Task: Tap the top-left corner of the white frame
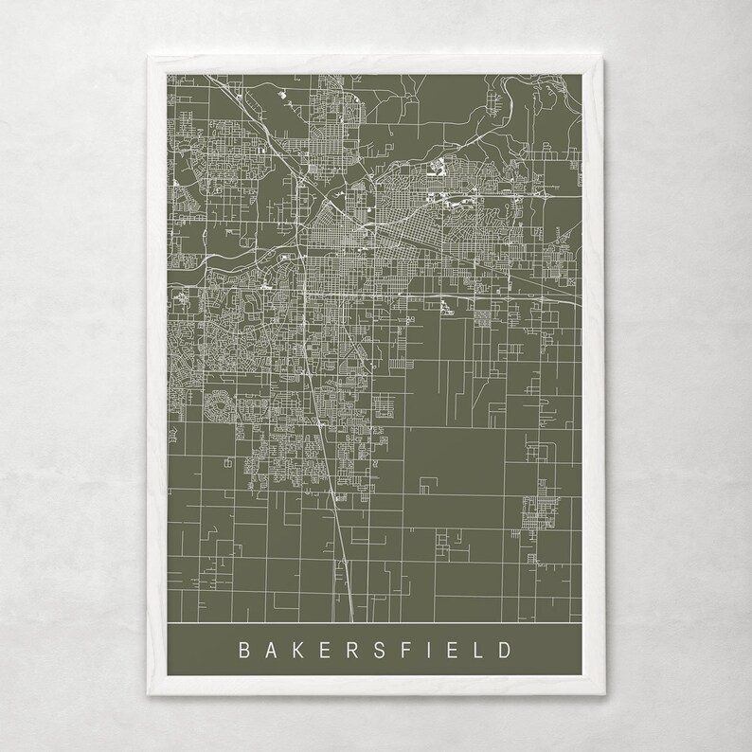(150, 57)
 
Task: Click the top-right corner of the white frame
(600, 57)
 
